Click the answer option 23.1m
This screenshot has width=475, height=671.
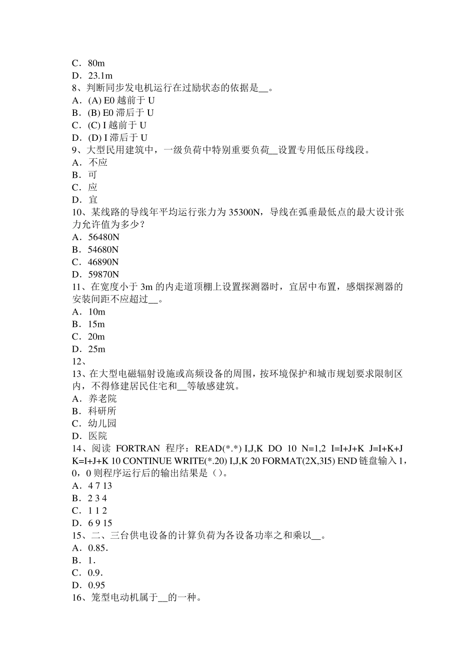pyautogui.click(x=100, y=76)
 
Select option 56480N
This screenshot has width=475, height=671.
pyautogui.click(x=103, y=237)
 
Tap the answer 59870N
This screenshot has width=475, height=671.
pyautogui.click(x=103, y=275)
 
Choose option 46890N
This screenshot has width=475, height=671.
pyautogui.click(x=103, y=262)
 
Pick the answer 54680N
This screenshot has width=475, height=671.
pyautogui.click(x=103, y=250)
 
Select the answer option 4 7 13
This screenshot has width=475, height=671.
pyautogui.click(x=100, y=486)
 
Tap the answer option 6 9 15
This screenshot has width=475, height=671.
pyautogui.click(x=100, y=523)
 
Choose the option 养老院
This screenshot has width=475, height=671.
pyautogui.click(x=102, y=398)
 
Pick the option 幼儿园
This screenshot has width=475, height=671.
pyautogui.click(x=102, y=423)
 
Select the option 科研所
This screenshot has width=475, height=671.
pyautogui.click(x=102, y=411)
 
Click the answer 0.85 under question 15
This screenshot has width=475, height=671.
pyautogui.click(x=98, y=548)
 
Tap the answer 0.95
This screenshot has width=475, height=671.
pyautogui.click(x=97, y=585)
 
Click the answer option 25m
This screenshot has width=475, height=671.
pyautogui.click(x=97, y=349)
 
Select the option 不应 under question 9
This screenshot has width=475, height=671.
pyautogui.click(x=98, y=162)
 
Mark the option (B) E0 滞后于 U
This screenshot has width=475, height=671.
pyautogui.click(x=121, y=113)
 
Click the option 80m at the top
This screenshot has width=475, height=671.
pyautogui.click(x=96, y=63)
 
